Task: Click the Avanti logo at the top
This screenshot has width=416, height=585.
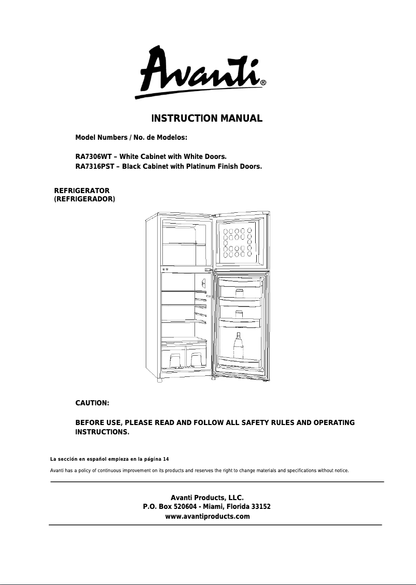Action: [200, 72]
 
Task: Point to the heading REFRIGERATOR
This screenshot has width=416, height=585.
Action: [82, 191]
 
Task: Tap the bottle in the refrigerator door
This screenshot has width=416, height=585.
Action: [238, 346]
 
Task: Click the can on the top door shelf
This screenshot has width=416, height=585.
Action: [239, 293]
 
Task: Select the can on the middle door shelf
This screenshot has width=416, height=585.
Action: [239, 314]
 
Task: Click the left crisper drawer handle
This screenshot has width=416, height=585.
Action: [175, 358]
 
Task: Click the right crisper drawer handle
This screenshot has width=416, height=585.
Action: [197, 358]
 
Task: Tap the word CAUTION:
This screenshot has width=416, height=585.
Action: [92, 403]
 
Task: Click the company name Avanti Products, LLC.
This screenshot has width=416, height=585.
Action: [207, 498]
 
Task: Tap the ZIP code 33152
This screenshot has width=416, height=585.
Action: [260, 507]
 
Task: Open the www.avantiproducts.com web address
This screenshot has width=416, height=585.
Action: [207, 517]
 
